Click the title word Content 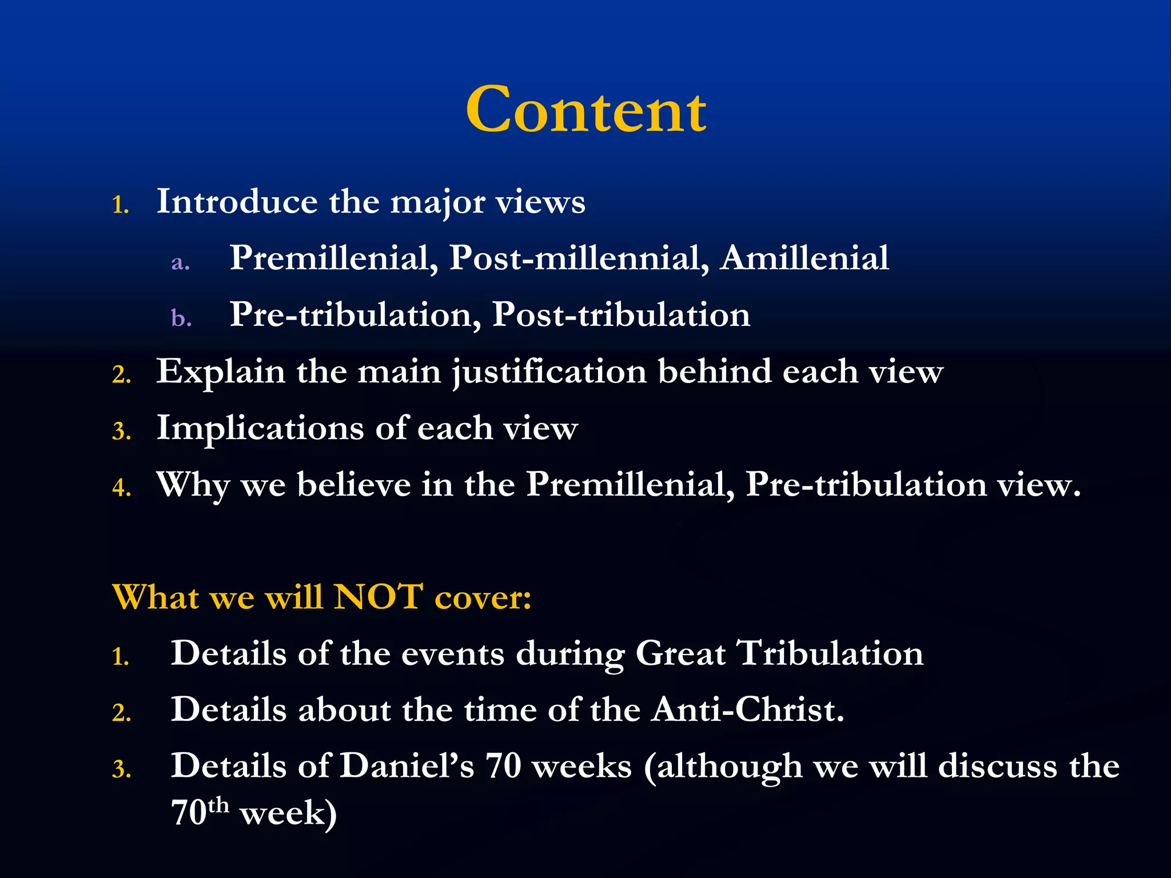pyautogui.click(x=585, y=110)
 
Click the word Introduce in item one pyautogui.click(x=237, y=201)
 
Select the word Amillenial pyautogui.click(x=804, y=258)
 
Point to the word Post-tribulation pyautogui.click(x=621, y=314)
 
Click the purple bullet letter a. pyautogui.click(x=180, y=262)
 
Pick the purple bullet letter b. pyautogui.click(x=181, y=318)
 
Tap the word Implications pyautogui.click(x=260, y=429)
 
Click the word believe pyautogui.click(x=354, y=485)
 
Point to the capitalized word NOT pyautogui.click(x=378, y=597)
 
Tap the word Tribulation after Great pyautogui.click(x=829, y=653)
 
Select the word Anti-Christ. pyautogui.click(x=748, y=710)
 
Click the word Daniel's pyautogui.click(x=407, y=766)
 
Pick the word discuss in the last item pyautogui.click(x=997, y=766)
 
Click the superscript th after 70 pyautogui.click(x=218, y=805)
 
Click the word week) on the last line pyautogui.click(x=288, y=813)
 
